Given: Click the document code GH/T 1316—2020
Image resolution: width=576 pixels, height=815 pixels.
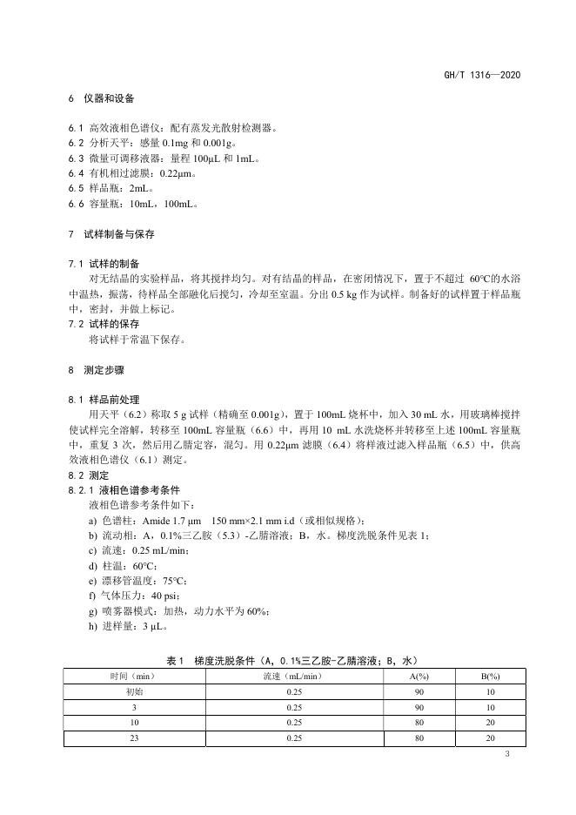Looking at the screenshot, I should pos(482,75).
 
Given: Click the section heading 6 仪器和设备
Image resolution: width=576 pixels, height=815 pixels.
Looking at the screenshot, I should pos(102,100).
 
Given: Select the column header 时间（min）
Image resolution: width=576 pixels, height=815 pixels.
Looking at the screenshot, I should pos(131,676).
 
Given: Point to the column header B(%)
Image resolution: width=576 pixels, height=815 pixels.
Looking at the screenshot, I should pos(490,676).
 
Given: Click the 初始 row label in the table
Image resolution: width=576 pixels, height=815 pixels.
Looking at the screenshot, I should pos(131,691).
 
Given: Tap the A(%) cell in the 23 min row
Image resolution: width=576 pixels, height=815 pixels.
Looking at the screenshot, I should pos(419,738).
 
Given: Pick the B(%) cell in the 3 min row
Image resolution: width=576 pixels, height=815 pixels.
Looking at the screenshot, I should pos(490,707).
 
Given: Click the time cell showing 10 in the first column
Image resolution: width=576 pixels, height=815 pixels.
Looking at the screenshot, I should pos(131,723).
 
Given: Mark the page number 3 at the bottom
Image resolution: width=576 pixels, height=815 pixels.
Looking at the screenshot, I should pos(507,753).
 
